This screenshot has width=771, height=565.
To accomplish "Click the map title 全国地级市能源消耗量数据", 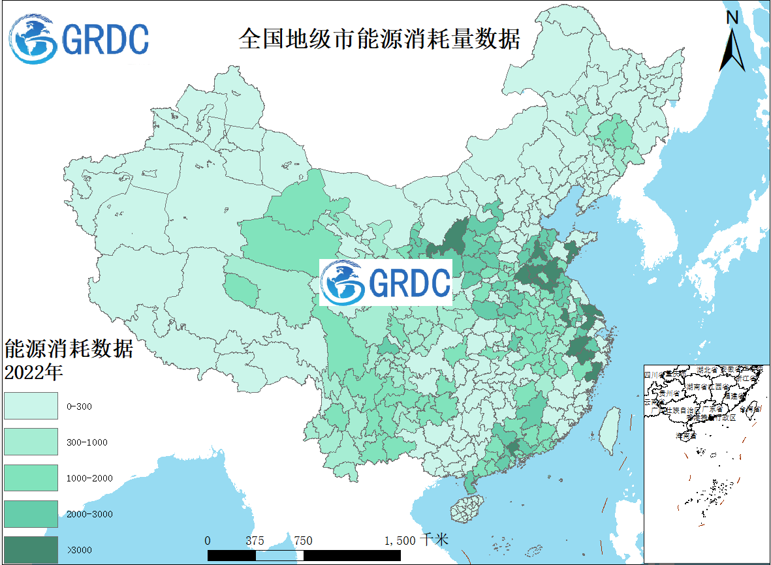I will pyautogui.click(x=379, y=38).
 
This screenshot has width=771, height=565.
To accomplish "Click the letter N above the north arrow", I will pyautogui.click(x=732, y=18).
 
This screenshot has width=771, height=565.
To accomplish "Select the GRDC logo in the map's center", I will pyautogui.click(x=386, y=282).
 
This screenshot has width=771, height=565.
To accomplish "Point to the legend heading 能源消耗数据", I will pyautogui.click(x=69, y=349).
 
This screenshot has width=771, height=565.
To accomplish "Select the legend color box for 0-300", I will pyautogui.click(x=31, y=406).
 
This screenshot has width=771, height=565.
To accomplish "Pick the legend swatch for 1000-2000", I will pyautogui.click(x=31, y=478).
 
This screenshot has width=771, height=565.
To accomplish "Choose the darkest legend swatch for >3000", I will pyautogui.click(x=31, y=550).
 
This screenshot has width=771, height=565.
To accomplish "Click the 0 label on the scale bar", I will pyautogui.click(x=208, y=540).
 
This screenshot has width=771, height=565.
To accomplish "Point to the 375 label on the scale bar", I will pyautogui.click(x=255, y=540).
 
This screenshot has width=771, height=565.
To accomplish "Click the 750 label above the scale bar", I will pyautogui.click(x=302, y=540).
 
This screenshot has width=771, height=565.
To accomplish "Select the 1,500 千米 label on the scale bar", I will pyautogui.click(x=416, y=540).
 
